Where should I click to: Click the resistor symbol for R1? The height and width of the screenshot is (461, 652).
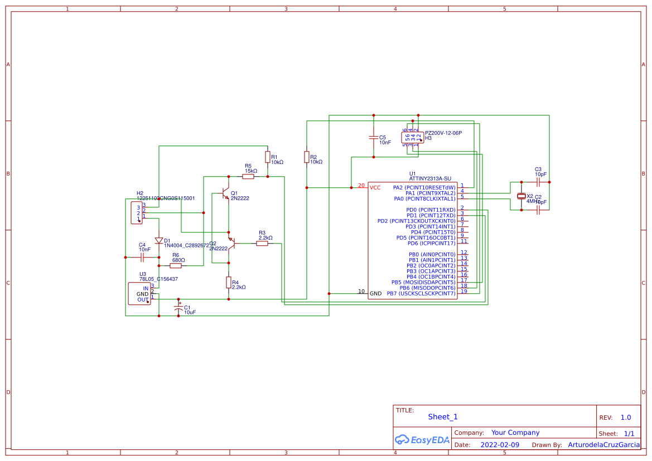pyautogui.click(x=268, y=157)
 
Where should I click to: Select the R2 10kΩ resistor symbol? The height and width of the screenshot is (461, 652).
pyautogui.click(x=307, y=157)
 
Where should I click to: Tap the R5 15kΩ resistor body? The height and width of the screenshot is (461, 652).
pyautogui.click(x=248, y=177)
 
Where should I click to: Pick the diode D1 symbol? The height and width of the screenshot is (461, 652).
pyautogui.click(x=159, y=241)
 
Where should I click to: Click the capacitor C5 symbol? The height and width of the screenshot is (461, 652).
pyautogui.click(x=374, y=137)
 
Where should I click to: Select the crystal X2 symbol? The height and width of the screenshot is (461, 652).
pyautogui.click(x=521, y=196)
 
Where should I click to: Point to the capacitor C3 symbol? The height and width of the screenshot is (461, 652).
pyautogui.click(x=538, y=182)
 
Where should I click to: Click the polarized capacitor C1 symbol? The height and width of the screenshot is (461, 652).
pyautogui.click(x=178, y=308)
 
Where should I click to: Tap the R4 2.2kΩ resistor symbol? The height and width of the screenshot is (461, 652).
pyautogui.click(x=229, y=283)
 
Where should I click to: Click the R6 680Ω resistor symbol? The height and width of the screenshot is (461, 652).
pyautogui.click(x=176, y=266)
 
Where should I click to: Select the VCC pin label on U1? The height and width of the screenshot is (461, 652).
pyautogui.click(x=375, y=187)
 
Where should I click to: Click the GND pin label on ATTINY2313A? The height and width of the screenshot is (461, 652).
pyautogui.click(x=375, y=293)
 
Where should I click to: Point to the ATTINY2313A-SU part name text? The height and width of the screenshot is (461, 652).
pyautogui.click(x=430, y=179)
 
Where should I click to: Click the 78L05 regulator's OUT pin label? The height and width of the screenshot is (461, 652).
pyautogui.click(x=143, y=299)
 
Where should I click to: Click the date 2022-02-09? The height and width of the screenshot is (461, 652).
pyautogui.click(x=499, y=445)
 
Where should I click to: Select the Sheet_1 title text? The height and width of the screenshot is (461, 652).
pyautogui.click(x=442, y=417)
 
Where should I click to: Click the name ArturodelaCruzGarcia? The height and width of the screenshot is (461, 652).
pyautogui.click(x=603, y=445)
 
